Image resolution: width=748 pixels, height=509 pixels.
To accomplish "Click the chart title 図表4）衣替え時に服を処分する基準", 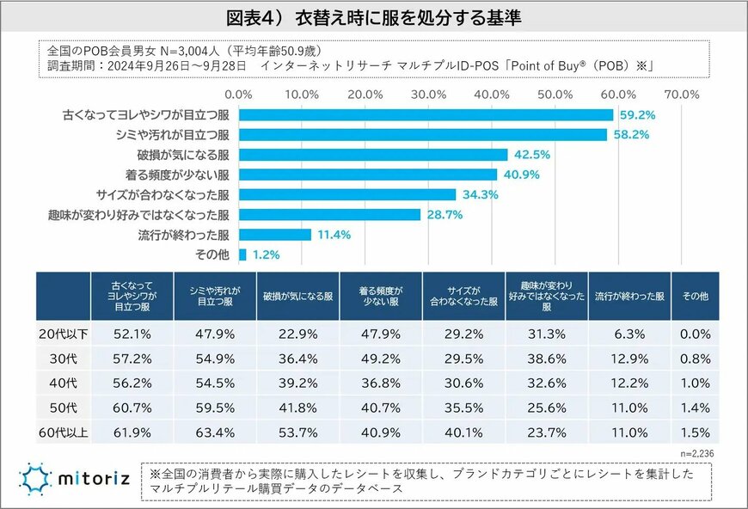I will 374,18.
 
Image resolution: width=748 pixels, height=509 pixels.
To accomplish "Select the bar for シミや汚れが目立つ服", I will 422,134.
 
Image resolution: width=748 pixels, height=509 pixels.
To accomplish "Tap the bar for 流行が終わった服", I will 274,234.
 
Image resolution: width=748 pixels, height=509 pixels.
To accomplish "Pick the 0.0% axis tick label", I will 238,94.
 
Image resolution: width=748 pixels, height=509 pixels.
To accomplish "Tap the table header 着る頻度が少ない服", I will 381,296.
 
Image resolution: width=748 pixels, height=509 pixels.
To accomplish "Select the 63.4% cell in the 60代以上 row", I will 214,433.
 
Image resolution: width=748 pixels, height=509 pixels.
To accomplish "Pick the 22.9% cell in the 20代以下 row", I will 297,334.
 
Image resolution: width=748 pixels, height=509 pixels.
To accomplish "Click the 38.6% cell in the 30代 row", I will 547,359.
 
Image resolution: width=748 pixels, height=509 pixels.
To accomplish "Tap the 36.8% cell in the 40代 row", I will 380,383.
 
